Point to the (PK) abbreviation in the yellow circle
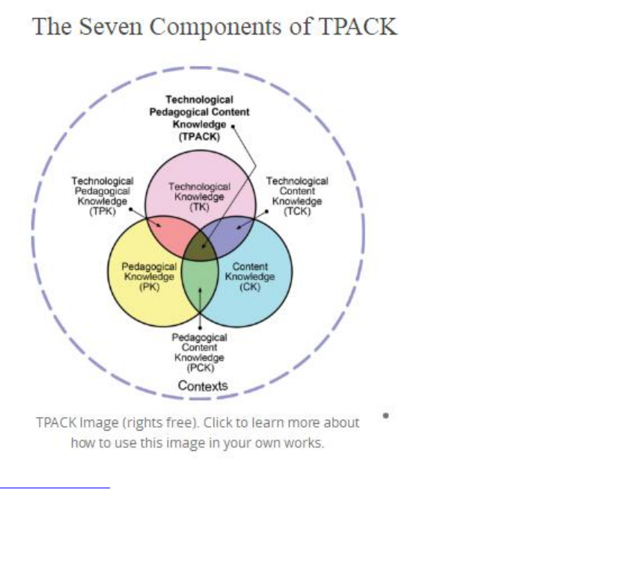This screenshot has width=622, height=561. (x=150, y=287)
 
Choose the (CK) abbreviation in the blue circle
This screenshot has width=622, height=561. (x=250, y=287)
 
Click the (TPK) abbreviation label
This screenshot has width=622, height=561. (x=102, y=212)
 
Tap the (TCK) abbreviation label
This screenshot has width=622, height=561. (x=297, y=212)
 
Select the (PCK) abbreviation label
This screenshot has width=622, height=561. (x=200, y=368)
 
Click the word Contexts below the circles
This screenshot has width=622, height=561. (x=203, y=386)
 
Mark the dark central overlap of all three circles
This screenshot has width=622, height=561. (x=200, y=246)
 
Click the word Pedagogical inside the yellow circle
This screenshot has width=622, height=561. (x=150, y=267)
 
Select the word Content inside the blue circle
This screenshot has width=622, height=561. (x=250, y=267)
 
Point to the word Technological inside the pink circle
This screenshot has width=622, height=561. (x=199, y=187)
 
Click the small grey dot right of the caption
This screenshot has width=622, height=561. (x=385, y=414)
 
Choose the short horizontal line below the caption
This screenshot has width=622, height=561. (x=55, y=488)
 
